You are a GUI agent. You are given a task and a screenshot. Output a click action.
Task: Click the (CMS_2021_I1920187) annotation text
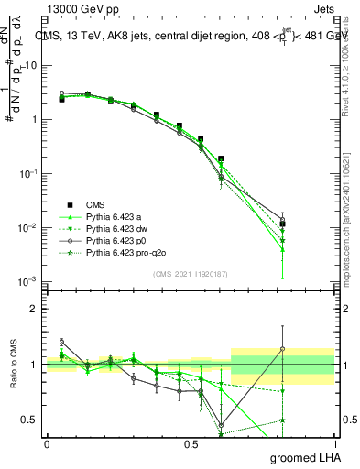(190, 274)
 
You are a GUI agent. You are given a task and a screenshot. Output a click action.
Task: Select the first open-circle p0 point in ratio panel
(61, 342)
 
